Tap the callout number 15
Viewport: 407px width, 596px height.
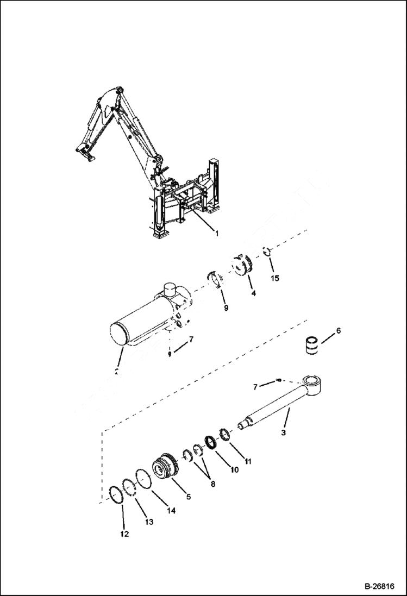[275, 278]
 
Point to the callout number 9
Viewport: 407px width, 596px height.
[226, 308]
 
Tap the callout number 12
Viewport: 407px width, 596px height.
[124, 534]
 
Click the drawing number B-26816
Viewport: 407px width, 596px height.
[379, 587]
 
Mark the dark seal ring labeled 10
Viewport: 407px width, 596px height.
[210, 441]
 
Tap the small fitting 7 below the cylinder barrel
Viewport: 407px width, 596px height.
[170, 354]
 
